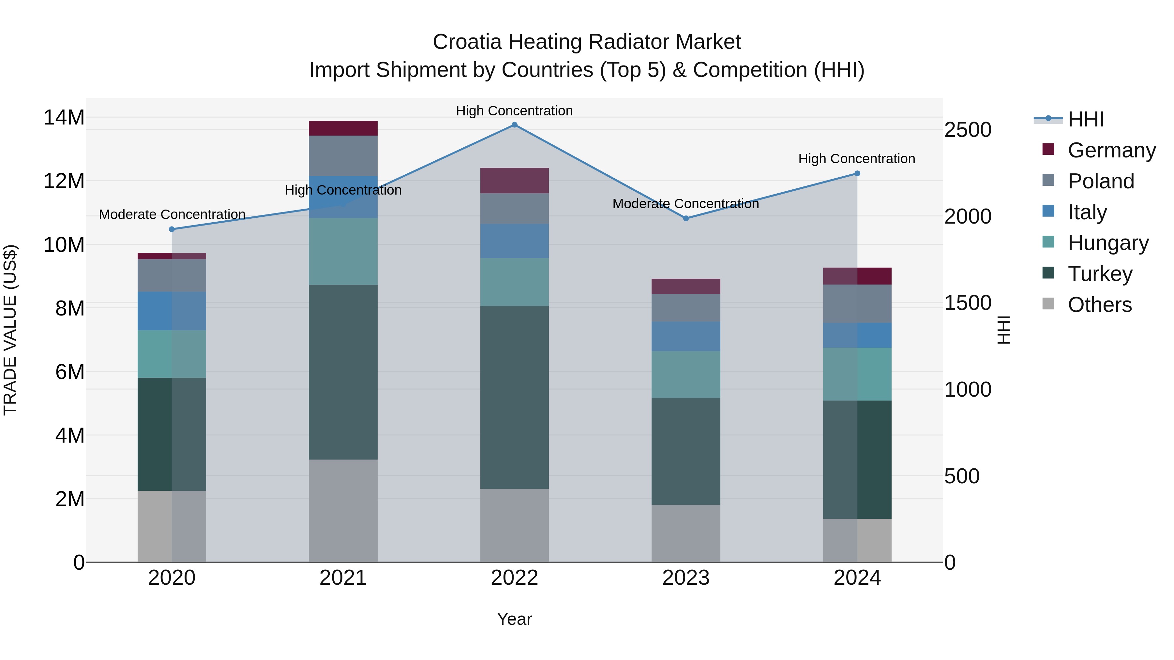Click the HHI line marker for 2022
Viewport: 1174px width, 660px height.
pyautogui.click(x=515, y=125)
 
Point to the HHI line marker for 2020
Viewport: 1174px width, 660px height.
pyautogui.click(x=172, y=229)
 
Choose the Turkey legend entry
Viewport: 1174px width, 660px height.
pyautogui.click(x=1100, y=274)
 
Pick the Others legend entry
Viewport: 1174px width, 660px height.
pyautogui.click(x=1099, y=305)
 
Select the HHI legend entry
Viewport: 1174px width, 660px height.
pyautogui.click(x=1086, y=119)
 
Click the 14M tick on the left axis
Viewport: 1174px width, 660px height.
pyautogui.click(x=64, y=118)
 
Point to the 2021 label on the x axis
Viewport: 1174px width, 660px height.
pyautogui.click(x=343, y=578)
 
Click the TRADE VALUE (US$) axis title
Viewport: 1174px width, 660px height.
pyautogui.click(x=10, y=330)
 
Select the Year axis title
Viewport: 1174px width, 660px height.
pyautogui.click(x=515, y=619)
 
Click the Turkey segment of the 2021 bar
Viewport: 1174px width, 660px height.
pyautogui.click(x=343, y=372)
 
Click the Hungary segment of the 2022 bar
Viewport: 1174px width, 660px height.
pyautogui.click(x=515, y=282)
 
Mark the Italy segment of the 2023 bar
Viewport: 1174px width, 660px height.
pyautogui.click(x=686, y=337)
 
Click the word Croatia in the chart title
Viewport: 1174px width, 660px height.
pyautogui.click(x=468, y=42)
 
